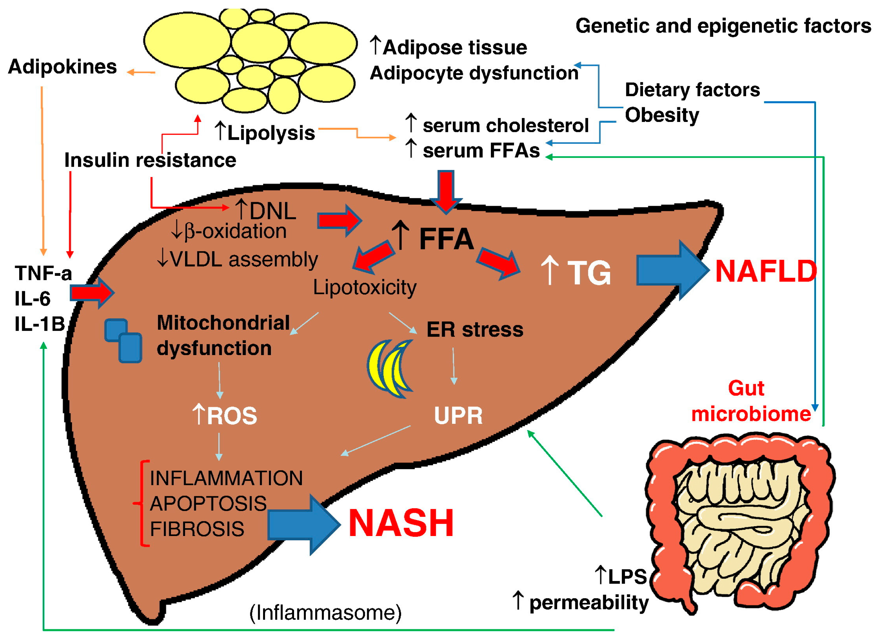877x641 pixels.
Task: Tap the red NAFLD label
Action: [766, 271]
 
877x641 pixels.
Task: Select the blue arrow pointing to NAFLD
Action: [672, 270]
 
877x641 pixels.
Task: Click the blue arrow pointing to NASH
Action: [304, 525]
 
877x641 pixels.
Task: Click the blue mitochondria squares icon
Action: [123, 340]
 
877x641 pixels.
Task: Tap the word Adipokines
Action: [62, 67]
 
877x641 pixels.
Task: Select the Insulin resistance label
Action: [150, 160]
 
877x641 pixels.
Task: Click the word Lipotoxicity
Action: [365, 288]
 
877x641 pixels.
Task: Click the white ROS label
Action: [225, 415]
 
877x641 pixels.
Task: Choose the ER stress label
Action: [475, 329]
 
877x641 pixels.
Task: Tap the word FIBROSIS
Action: [197, 529]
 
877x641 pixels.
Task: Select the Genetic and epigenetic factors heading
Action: [723, 26]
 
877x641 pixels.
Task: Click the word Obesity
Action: [662, 115]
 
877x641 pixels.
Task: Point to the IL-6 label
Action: [33, 299]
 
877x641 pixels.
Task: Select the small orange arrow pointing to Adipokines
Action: [141, 72]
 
